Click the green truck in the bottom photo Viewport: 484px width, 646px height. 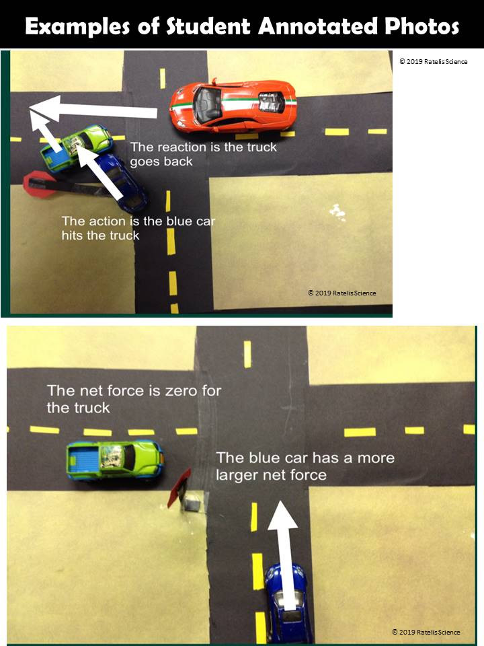[114, 460]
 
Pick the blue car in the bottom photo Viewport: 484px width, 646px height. [288, 602]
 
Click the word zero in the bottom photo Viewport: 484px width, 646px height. [182, 391]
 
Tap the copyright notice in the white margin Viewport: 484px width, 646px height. [433, 61]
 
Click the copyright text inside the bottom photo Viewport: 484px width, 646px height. [426, 632]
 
